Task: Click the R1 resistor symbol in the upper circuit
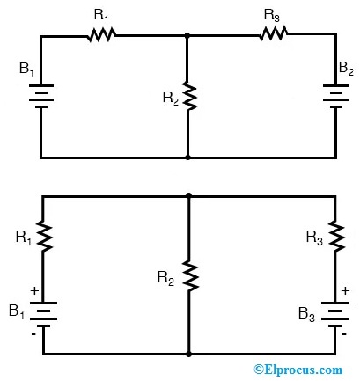(x=101, y=36)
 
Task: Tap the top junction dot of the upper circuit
(x=188, y=36)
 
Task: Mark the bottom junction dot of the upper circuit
(x=188, y=158)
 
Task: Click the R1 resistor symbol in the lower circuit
(x=41, y=236)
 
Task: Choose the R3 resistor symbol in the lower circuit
(x=335, y=236)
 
